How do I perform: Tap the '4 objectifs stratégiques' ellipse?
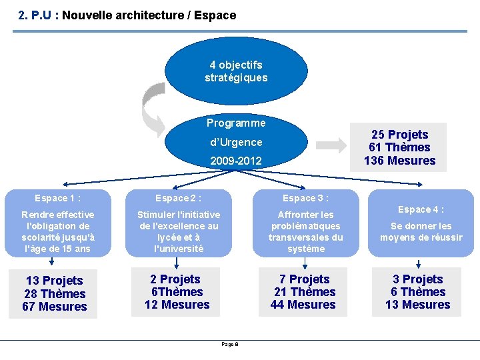click(x=236, y=71)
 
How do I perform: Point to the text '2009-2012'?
click(x=236, y=161)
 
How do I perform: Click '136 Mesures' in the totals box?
click(x=399, y=161)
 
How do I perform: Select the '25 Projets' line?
click(x=399, y=135)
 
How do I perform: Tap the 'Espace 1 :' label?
click(x=58, y=198)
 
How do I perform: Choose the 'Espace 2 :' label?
click(x=179, y=198)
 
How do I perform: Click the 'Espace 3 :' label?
click(x=305, y=198)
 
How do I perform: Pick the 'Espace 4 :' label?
click(x=421, y=209)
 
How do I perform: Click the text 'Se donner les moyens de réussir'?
click(x=421, y=232)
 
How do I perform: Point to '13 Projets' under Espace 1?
click(x=55, y=281)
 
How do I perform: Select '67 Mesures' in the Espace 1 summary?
click(x=55, y=307)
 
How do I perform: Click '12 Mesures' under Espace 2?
click(x=177, y=305)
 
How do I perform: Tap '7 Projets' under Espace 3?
click(x=304, y=279)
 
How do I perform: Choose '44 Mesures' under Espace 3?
click(x=303, y=305)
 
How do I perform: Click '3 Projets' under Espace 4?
click(x=418, y=279)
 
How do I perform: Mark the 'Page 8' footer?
click(x=230, y=344)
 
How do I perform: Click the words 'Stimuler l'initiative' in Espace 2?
click(x=178, y=215)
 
